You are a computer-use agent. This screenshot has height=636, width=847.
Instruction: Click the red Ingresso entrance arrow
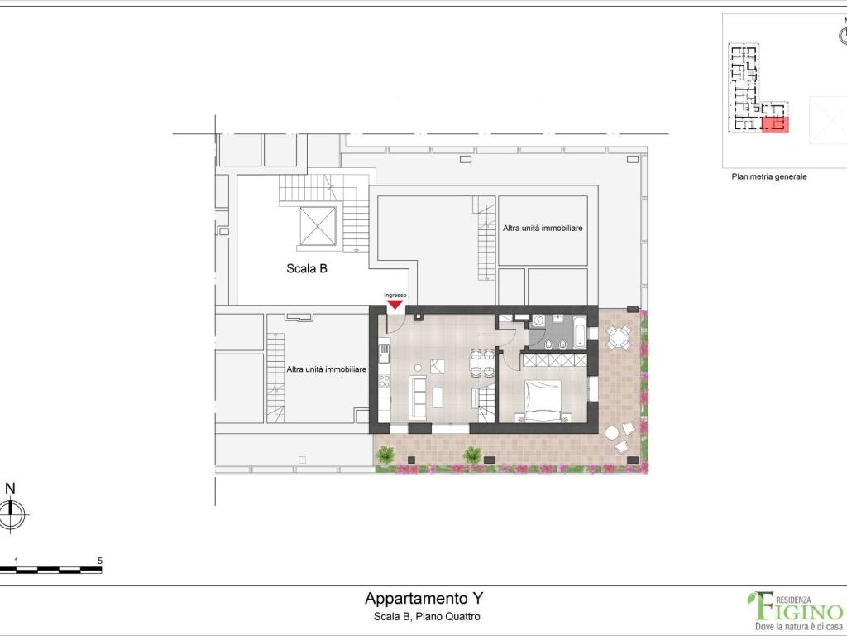[395, 304]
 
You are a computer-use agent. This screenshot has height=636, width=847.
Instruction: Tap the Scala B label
[307, 268]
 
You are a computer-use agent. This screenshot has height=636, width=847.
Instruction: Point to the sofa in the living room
[419, 396]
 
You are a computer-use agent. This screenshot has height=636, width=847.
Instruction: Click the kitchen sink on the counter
[384, 354]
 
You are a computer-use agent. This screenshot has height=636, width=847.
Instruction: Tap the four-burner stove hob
[384, 382]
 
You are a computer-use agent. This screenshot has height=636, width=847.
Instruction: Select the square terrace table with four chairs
[618, 336]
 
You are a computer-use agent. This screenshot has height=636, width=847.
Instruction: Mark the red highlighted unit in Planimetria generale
[774, 125]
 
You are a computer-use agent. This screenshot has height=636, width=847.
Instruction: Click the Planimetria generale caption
[768, 176]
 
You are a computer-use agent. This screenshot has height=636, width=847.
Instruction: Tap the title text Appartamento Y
[423, 598]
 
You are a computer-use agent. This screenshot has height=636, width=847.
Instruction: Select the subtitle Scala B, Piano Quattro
[423, 617]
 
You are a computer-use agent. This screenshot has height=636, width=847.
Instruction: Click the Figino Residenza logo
[796, 609]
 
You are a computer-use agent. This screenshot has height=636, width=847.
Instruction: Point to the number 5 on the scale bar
[99, 561]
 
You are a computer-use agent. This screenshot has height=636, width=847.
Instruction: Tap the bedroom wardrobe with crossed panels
[553, 361]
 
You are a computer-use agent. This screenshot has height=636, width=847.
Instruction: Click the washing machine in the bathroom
[537, 320]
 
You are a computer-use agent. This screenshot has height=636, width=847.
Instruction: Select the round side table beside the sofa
[420, 368]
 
